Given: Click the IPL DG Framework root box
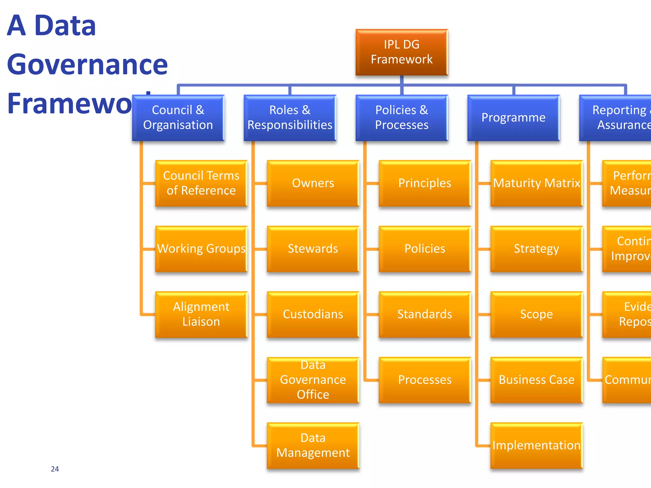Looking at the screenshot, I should [x=401, y=52].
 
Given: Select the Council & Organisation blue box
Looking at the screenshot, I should [x=178, y=118].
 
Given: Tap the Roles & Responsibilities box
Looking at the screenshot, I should [x=290, y=118].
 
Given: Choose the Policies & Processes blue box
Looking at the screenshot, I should [x=401, y=118].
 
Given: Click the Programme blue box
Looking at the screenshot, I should [x=513, y=118].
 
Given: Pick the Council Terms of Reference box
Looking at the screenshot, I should [x=201, y=183].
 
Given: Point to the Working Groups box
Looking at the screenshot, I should [x=201, y=249].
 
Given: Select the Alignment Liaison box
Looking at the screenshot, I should [x=201, y=314].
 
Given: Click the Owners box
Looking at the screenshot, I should [x=313, y=183].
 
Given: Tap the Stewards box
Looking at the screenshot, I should [x=313, y=249].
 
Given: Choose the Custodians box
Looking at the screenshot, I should [x=313, y=314].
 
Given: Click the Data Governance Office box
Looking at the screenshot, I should [x=313, y=380].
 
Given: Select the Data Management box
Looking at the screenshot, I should [x=313, y=445].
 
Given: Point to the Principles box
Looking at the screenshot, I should [x=425, y=183].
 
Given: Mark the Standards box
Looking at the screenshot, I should [x=425, y=314].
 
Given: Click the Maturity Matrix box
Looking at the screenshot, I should [x=537, y=183].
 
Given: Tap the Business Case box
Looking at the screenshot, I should [x=537, y=380].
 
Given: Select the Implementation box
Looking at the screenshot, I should [x=537, y=445].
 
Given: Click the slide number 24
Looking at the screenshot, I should [x=55, y=469].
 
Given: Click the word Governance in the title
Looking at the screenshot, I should [x=87, y=64].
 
